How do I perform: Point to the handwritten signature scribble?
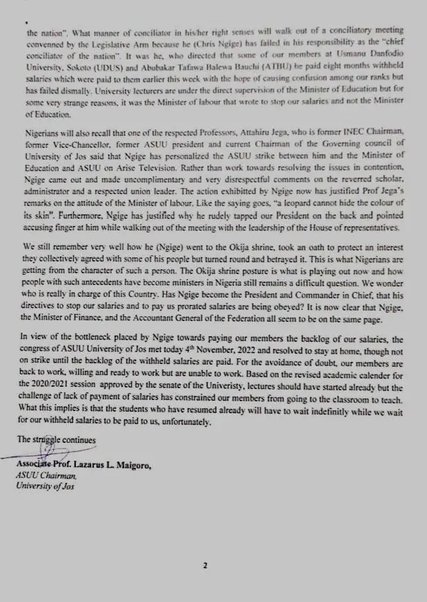point(47,450)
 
